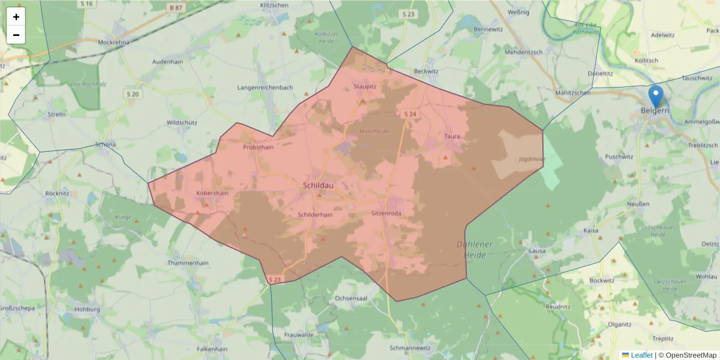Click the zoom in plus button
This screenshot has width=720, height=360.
point(16,17)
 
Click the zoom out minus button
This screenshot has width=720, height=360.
point(16,35)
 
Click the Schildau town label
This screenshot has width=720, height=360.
point(319,185)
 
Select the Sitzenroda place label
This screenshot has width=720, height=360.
point(386,213)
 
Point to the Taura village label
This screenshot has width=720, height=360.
point(452,136)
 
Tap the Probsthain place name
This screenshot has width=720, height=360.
point(258,147)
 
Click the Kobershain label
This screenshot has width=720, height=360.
point(212,193)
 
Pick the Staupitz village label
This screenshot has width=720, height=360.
point(365,86)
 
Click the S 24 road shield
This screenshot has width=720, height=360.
point(410,114)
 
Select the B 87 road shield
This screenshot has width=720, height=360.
point(175,7)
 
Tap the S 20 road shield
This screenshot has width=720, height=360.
point(133,94)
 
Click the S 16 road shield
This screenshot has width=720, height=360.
point(87,4)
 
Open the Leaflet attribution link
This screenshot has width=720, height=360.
point(641,355)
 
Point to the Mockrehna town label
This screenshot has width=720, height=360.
point(113,43)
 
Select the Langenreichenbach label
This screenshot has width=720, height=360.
point(265,88)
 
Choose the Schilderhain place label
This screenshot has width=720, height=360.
point(315,214)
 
